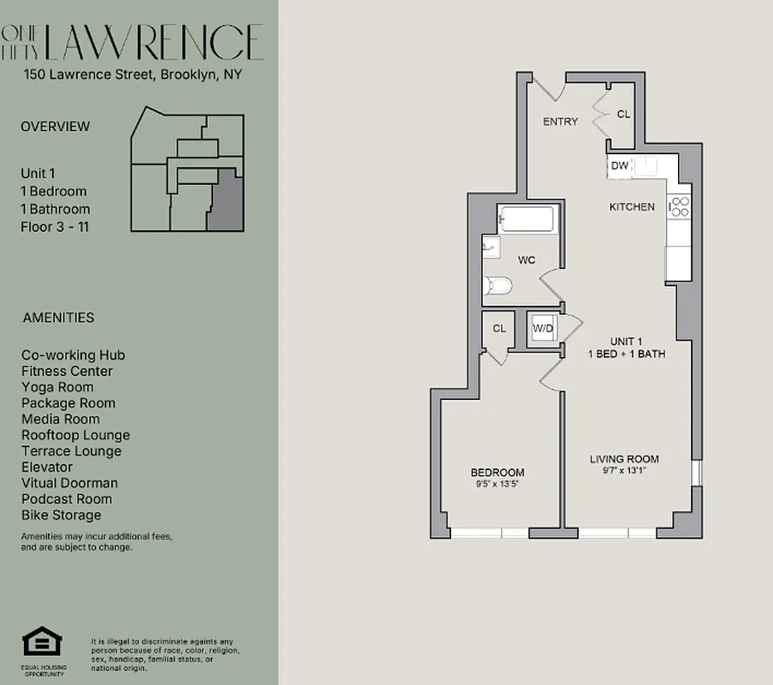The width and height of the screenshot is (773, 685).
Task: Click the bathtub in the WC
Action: pos(527,219)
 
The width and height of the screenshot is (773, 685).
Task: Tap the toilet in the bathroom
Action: pos(499,285)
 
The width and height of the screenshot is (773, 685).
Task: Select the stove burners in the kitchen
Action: pos(679,206)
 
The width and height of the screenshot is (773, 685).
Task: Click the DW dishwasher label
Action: pos(620,166)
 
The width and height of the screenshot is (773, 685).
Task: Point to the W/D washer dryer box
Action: pos(542,328)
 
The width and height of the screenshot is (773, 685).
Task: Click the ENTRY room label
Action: pos(560,122)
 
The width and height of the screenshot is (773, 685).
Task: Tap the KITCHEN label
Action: pos(632,207)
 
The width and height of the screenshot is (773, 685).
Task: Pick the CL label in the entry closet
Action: pos(623,114)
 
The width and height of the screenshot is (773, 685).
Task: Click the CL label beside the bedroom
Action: pos(498,328)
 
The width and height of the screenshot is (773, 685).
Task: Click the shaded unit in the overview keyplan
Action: pos(225,200)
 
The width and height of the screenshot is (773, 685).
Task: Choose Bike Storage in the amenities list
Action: pos(61,515)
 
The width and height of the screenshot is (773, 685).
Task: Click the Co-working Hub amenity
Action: pos(73,355)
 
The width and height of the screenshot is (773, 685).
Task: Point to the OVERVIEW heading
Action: pos(55,127)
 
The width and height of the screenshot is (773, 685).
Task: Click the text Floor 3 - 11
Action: pos(55,227)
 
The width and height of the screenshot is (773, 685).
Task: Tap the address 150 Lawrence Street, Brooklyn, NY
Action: pos(133,74)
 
